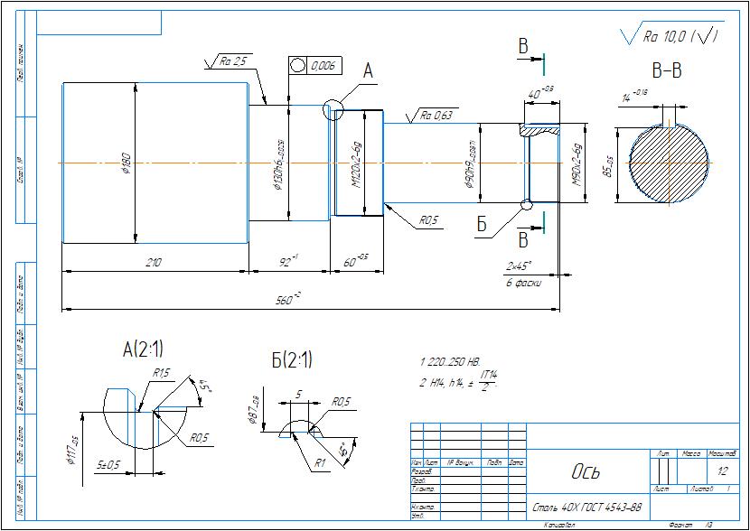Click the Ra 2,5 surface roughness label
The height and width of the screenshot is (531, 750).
[x=233, y=62]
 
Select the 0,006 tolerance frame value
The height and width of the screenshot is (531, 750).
[x=323, y=66]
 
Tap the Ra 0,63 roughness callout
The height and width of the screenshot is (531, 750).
[x=435, y=116]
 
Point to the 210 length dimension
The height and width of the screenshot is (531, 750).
[x=153, y=261]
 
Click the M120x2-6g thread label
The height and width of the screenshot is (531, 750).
[x=356, y=163]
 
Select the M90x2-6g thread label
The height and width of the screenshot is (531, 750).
[x=577, y=163]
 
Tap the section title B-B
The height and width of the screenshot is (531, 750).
[x=666, y=70]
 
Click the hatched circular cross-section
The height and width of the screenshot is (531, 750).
[x=669, y=163]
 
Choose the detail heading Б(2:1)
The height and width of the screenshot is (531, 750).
[x=292, y=359]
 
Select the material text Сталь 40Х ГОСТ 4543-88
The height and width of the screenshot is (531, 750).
[x=587, y=507]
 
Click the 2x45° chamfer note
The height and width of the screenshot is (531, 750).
[x=520, y=266]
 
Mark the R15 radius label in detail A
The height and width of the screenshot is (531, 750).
[x=162, y=372]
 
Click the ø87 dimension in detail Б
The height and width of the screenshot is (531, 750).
[x=254, y=410]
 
